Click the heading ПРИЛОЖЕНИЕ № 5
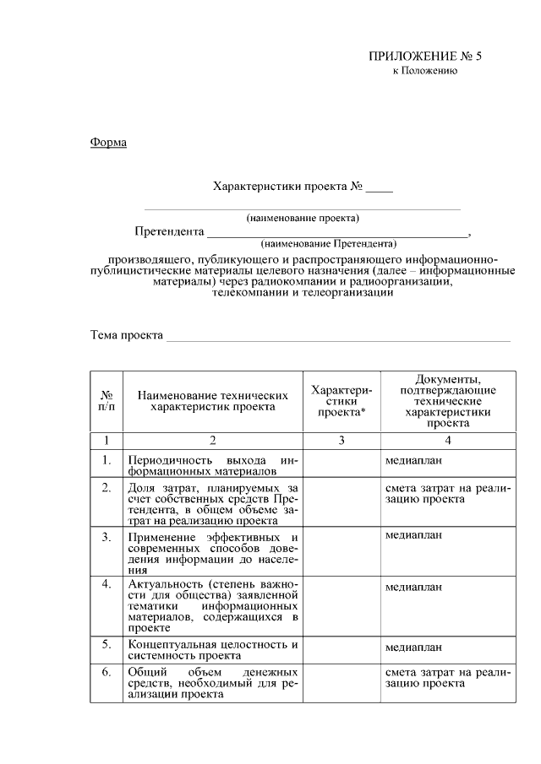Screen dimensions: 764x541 click(424, 57)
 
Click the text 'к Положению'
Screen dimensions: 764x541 click(424, 71)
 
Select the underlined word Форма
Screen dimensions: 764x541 click(108, 142)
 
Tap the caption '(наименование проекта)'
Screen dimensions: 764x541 click(303, 218)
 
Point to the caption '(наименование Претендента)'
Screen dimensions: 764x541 click(329, 243)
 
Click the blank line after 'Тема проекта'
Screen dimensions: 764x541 click(338, 336)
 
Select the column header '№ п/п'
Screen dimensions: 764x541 click(107, 400)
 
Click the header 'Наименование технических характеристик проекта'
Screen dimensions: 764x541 click(212, 400)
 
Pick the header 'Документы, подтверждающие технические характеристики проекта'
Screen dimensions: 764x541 click(447, 400)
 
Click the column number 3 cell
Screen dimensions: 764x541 click(341, 440)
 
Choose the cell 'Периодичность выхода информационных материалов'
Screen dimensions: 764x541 click(212, 465)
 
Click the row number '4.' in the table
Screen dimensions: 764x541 click(107, 584)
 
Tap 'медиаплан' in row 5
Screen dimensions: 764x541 click(413, 648)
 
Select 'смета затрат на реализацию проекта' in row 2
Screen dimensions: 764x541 click(447, 493)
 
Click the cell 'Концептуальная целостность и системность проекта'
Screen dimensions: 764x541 click(212, 648)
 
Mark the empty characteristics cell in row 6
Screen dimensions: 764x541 click(341, 682)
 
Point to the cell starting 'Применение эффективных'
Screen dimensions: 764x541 click(212, 553)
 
